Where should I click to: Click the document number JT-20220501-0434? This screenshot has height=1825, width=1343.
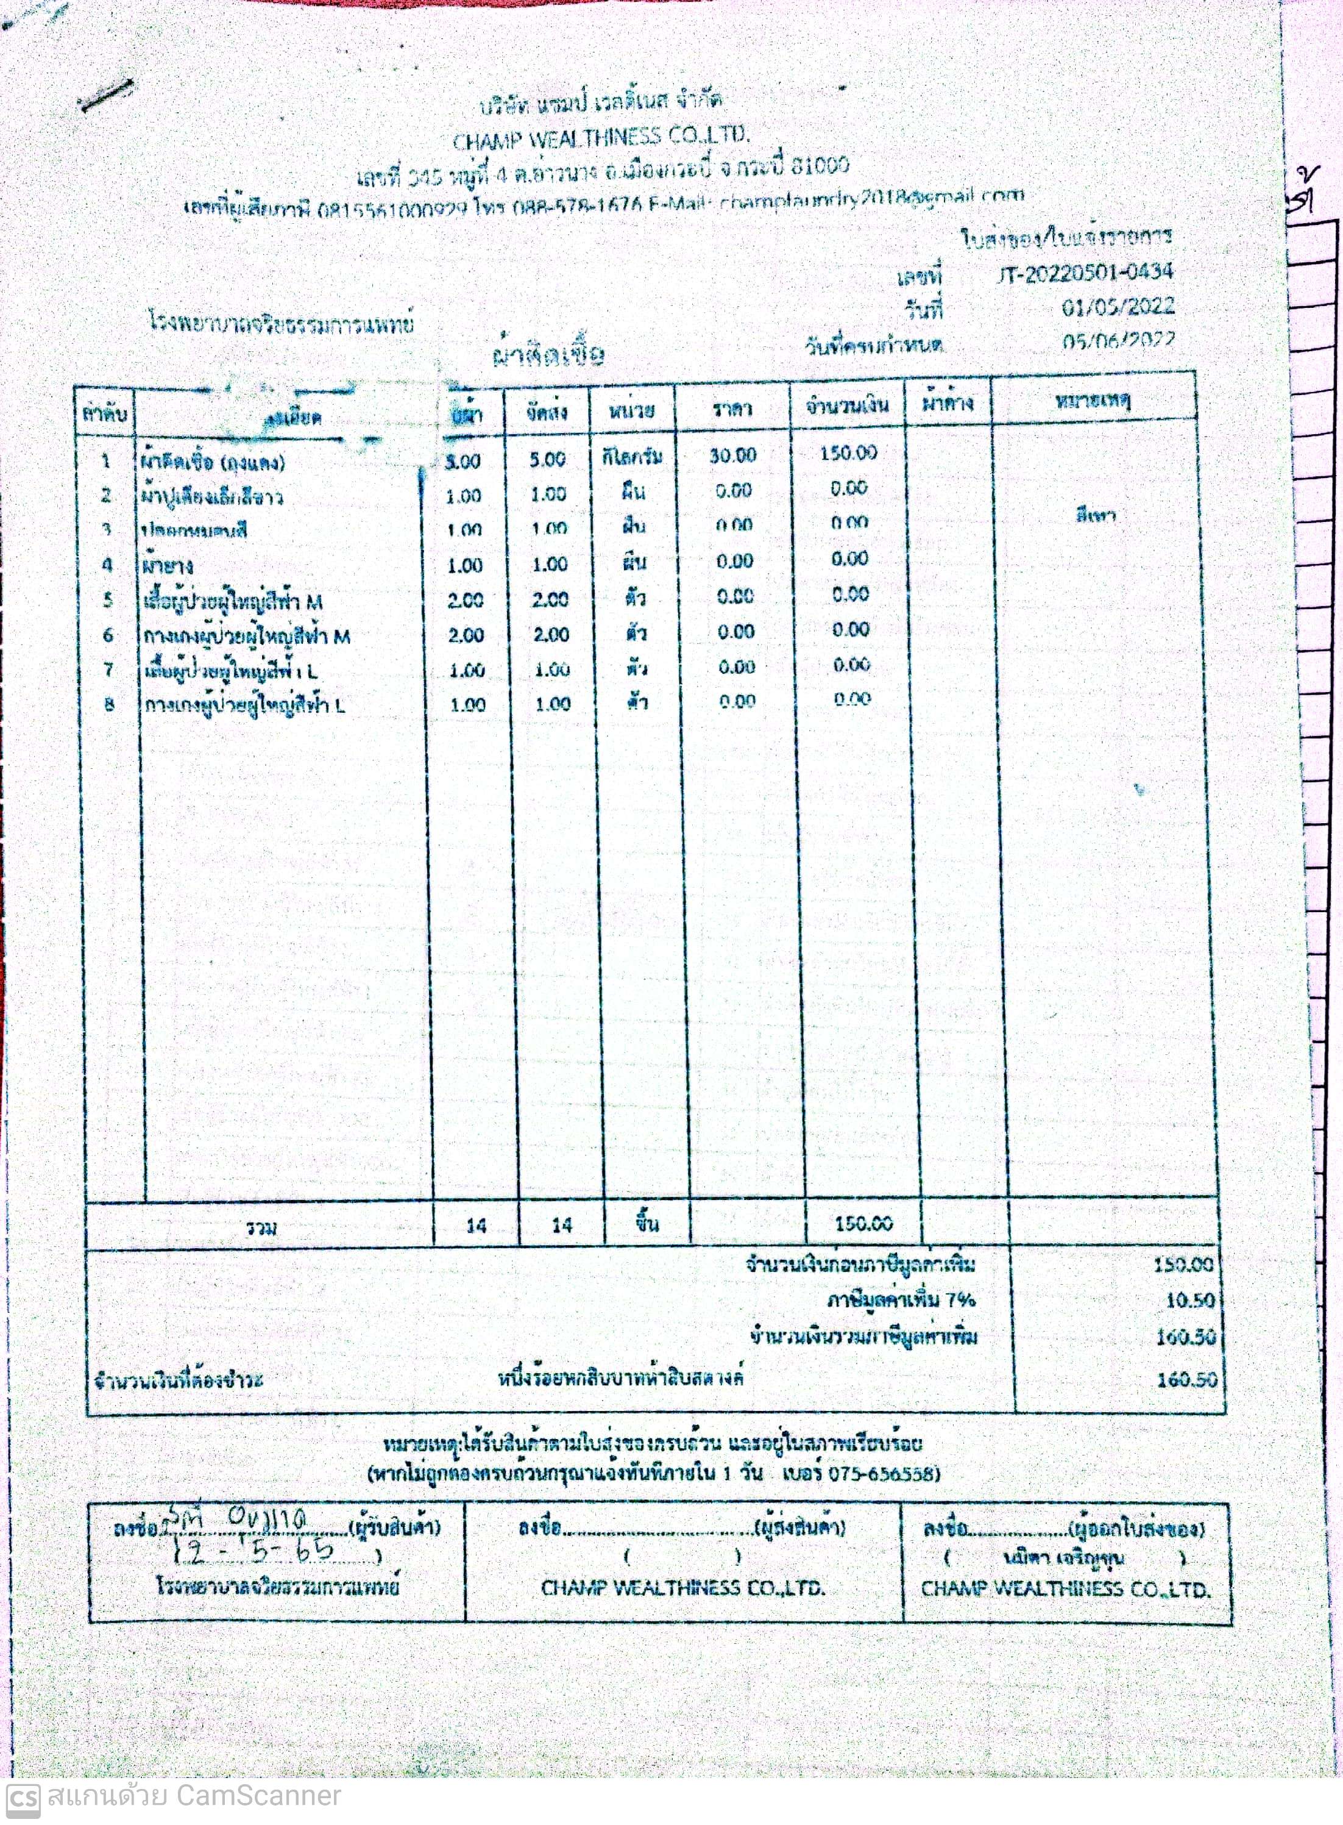click(x=1085, y=273)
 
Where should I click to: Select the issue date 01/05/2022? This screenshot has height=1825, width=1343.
click(x=1117, y=307)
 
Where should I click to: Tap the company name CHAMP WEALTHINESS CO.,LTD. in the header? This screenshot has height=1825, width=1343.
click(x=601, y=138)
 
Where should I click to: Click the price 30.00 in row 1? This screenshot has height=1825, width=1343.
click(x=732, y=455)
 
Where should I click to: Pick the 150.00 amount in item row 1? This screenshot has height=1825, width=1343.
click(x=848, y=453)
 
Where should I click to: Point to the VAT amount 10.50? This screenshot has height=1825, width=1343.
click(x=1189, y=1299)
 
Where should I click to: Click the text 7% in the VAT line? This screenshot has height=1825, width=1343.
click(x=959, y=1299)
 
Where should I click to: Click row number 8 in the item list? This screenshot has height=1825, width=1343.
click(x=109, y=704)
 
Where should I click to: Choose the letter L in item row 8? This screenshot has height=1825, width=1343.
click(x=339, y=705)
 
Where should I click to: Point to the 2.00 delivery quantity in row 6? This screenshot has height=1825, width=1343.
click(x=550, y=634)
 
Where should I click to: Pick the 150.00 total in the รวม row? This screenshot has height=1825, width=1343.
click(x=863, y=1223)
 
